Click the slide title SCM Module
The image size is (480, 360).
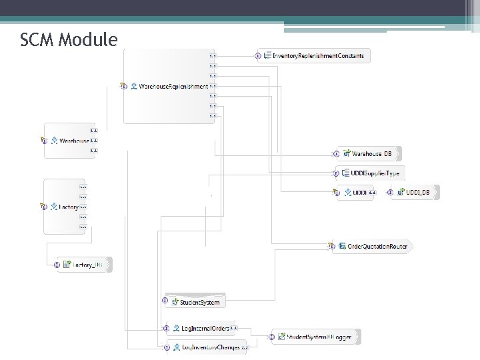coord(69,41)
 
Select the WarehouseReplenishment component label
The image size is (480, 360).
coord(173,87)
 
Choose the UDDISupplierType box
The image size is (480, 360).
coord(370,173)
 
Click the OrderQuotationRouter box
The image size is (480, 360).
coord(377,246)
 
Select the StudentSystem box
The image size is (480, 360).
coord(199,302)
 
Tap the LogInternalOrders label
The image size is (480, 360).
coord(205,328)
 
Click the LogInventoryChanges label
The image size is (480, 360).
coord(210,347)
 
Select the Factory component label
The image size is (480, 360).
coord(69,207)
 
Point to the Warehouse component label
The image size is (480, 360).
coord(74,141)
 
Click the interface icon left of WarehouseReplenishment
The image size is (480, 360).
coord(123,87)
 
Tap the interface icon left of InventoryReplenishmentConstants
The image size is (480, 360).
coord(259,56)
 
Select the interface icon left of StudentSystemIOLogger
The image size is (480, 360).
coord(271,337)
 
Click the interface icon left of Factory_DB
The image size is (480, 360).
coord(57,265)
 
